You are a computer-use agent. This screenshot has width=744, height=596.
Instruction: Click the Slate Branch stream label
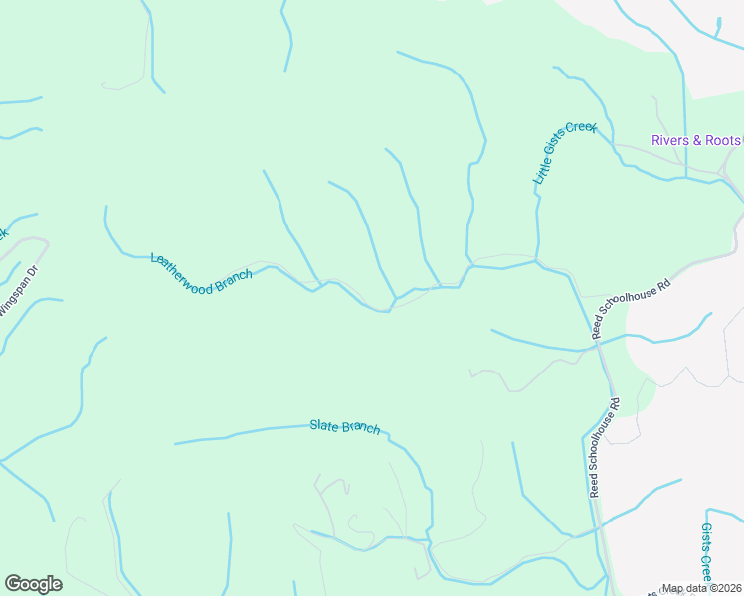[x=345, y=426]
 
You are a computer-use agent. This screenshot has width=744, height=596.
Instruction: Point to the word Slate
[x=324, y=424]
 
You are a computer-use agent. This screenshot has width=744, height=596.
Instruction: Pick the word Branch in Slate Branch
[x=362, y=428]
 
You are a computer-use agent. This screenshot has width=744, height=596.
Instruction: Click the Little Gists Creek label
[x=565, y=153]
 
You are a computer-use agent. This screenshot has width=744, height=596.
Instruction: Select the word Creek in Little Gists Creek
[x=581, y=130]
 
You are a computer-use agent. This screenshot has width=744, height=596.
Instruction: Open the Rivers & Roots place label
[x=696, y=140]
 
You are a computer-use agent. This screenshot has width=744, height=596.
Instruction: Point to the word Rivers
[x=669, y=140]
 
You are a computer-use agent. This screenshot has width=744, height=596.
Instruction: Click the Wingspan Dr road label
[x=19, y=290]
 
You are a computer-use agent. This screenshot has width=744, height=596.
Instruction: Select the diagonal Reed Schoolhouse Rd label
[x=632, y=308]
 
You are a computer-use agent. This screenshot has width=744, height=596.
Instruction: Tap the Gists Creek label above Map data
[x=707, y=551]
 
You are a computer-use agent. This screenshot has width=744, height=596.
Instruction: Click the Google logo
[x=33, y=584]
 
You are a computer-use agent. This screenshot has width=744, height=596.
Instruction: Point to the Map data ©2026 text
[x=701, y=588]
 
